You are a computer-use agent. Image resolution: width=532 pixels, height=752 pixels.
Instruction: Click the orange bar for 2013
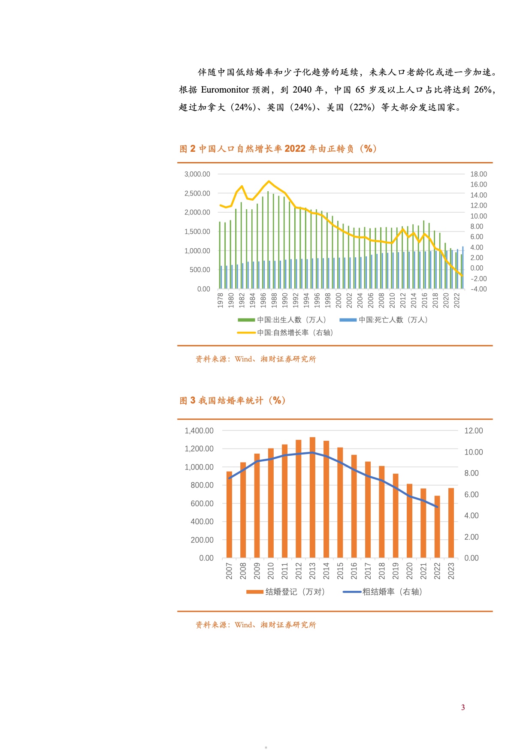click(x=312, y=497)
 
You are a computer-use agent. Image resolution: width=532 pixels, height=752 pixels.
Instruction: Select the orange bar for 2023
click(x=451, y=523)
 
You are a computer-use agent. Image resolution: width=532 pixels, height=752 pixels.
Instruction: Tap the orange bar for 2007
click(x=229, y=514)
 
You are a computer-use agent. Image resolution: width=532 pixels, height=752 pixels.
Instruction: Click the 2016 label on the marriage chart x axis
click(x=354, y=571)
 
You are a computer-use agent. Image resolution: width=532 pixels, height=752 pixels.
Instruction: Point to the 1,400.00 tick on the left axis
click(x=199, y=431)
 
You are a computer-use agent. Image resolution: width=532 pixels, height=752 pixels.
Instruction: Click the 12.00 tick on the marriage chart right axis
click(x=473, y=431)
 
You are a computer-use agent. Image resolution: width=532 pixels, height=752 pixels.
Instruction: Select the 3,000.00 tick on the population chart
click(x=197, y=174)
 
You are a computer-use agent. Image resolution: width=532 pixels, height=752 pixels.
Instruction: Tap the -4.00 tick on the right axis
click(x=478, y=289)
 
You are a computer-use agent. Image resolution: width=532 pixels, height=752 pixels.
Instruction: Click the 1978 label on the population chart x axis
click(x=221, y=300)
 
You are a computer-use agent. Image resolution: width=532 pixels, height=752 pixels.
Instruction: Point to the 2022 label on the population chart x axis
click(x=457, y=300)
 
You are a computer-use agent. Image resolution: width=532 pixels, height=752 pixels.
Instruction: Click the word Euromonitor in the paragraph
click(x=225, y=90)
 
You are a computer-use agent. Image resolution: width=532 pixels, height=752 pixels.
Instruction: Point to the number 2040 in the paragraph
click(x=302, y=90)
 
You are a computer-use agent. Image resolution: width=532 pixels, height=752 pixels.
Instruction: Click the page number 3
click(x=463, y=707)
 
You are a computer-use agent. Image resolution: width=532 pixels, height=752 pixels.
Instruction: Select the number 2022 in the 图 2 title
click(x=295, y=149)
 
